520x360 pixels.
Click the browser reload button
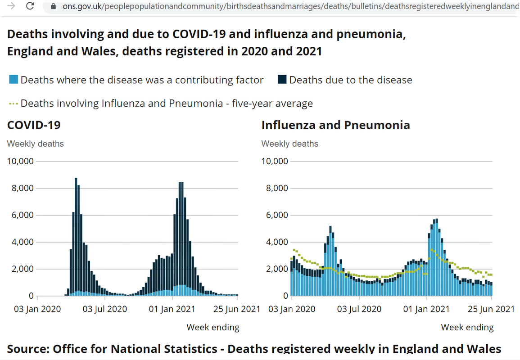pyautogui.click(x=30, y=6)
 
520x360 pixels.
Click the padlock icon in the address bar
pyautogui.click(x=53, y=6)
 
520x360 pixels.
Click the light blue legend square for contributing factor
pyautogui.click(x=14, y=80)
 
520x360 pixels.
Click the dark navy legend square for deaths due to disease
pyautogui.click(x=282, y=80)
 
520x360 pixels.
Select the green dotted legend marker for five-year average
pyautogui.click(x=13, y=103)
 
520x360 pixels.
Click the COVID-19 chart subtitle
pyautogui.click(x=34, y=125)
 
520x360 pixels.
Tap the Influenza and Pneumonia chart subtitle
pyautogui.click(x=335, y=125)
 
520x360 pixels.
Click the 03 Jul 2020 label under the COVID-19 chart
pyautogui.click(x=105, y=309)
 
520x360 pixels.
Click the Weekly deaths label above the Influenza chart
pyautogui.click(x=289, y=144)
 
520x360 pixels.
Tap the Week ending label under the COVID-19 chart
pyautogui.click(x=213, y=327)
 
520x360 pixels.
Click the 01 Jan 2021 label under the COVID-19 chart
pyautogui.click(x=173, y=309)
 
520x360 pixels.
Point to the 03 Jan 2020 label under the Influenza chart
pyautogui.click(x=292, y=309)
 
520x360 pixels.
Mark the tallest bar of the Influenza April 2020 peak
pyautogui.click(x=330, y=261)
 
